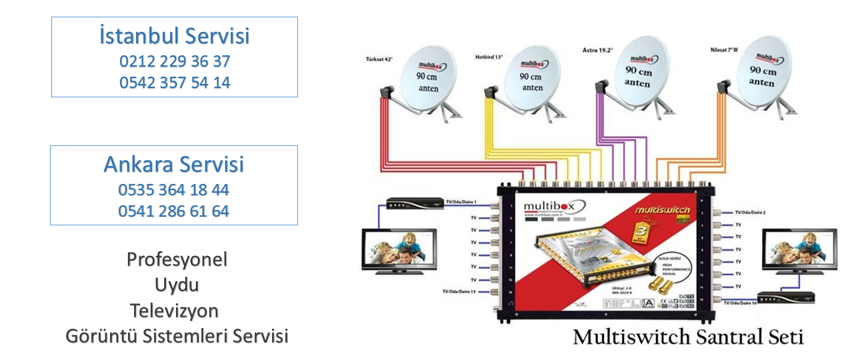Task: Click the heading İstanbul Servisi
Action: (x=174, y=35)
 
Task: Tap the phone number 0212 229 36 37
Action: (x=175, y=61)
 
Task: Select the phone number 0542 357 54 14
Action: (x=175, y=83)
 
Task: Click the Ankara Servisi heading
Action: (x=174, y=164)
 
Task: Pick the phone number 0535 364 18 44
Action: (x=174, y=190)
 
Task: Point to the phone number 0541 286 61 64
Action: (x=174, y=211)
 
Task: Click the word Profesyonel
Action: (x=177, y=259)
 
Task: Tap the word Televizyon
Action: (x=175, y=311)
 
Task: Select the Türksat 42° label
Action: (x=379, y=59)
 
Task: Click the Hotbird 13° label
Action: (x=489, y=57)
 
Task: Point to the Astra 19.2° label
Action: (x=597, y=50)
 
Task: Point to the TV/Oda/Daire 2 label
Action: (x=750, y=212)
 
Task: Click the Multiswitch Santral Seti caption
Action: (x=688, y=337)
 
